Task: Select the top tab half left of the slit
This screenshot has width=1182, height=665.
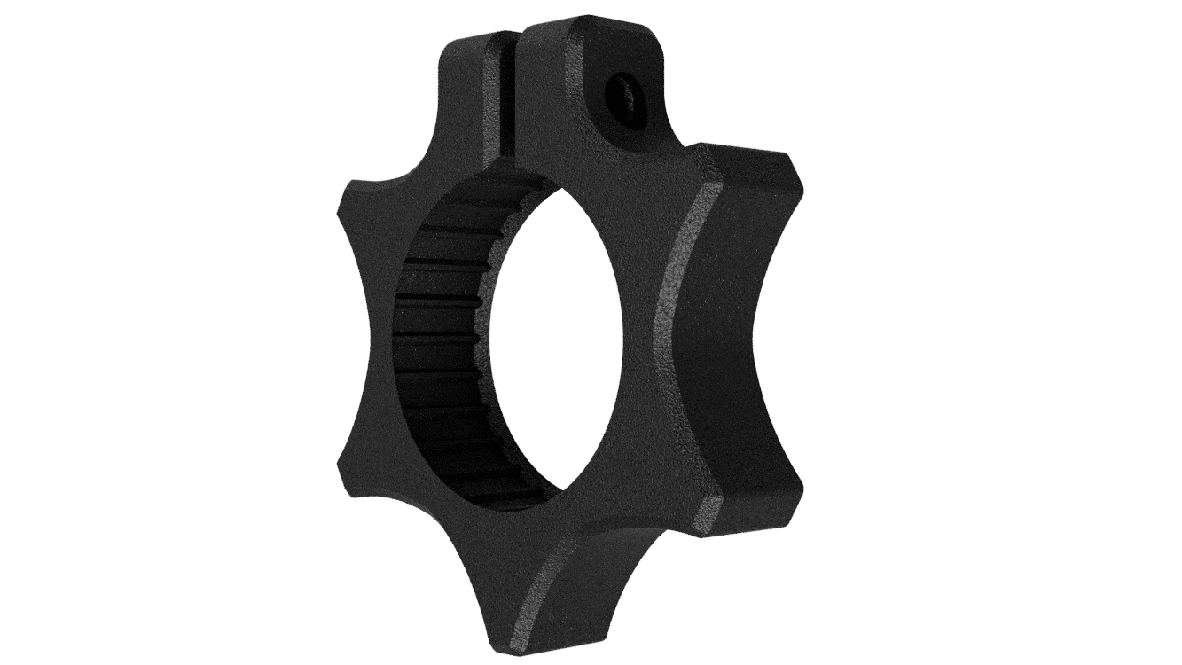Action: coord(470,71)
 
